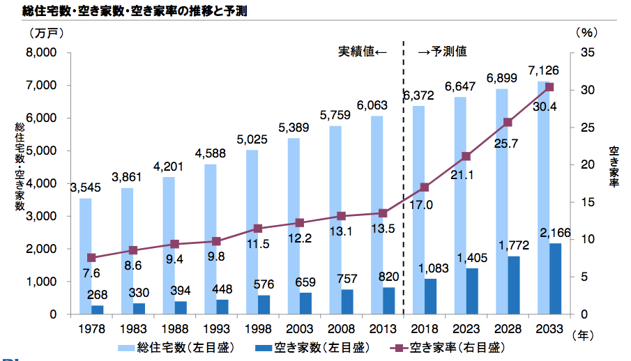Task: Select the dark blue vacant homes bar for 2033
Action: (x=555, y=279)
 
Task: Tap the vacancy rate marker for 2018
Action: (x=424, y=187)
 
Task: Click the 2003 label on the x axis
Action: (x=300, y=329)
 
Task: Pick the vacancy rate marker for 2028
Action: (x=508, y=123)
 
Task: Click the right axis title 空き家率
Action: (x=614, y=167)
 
